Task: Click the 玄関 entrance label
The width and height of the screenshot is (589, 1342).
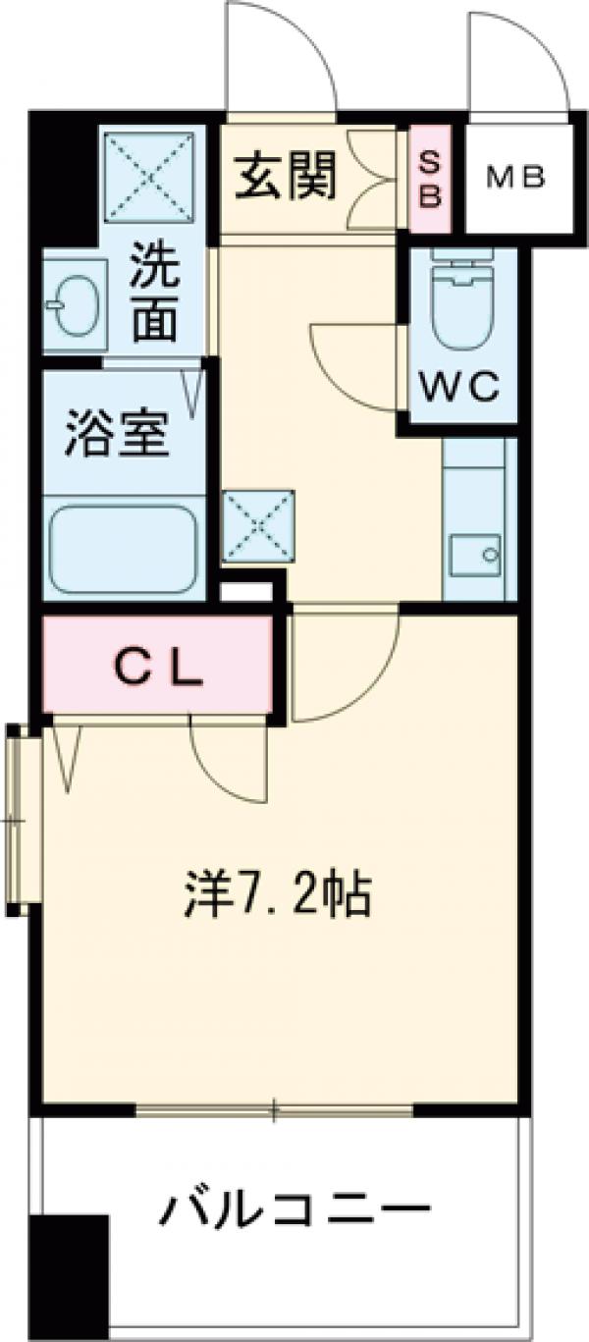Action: click(286, 179)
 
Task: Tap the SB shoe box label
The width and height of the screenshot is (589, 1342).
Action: click(430, 180)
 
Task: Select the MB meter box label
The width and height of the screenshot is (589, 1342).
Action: click(517, 178)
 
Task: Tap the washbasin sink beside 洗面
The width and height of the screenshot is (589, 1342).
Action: click(72, 304)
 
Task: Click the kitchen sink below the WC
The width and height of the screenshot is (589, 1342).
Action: click(475, 553)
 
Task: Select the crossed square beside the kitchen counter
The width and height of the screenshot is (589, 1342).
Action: click(258, 526)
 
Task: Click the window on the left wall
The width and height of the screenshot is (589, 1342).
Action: click(20, 820)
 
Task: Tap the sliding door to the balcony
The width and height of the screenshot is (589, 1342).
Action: click(275, 1111)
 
